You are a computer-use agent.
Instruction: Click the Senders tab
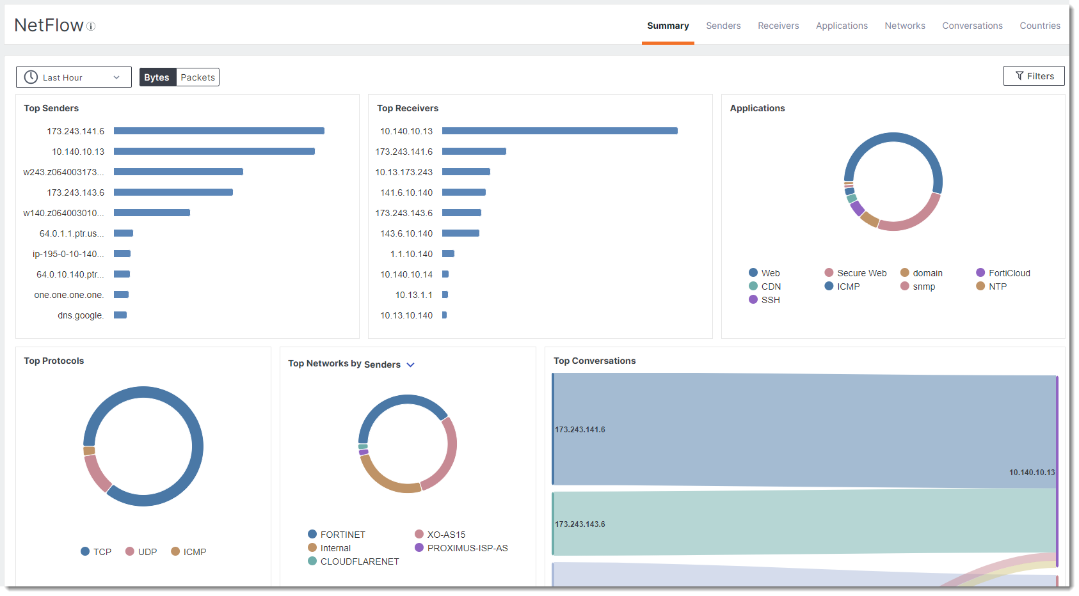(x=723, y=26)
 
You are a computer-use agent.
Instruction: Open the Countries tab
(x=1039, y=26)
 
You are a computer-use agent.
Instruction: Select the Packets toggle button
(x=198, y=77)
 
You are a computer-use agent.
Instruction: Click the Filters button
(x=1034, y=76)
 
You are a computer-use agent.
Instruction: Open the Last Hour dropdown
(x=74, y=77)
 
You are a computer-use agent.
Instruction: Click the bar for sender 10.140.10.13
(x=214, y=152)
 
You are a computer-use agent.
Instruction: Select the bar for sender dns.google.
(x=120, y=315)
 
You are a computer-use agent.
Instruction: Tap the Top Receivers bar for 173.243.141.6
(x=474, y=152)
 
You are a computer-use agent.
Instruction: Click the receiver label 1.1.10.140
(x=411, y=254)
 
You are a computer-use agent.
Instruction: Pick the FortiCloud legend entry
(x=1009, y=273)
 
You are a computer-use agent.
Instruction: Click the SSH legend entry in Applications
(x=770, y=300)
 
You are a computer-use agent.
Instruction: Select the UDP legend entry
(x=147, y=552)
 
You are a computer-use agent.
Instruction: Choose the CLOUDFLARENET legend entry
(x=359, y=561)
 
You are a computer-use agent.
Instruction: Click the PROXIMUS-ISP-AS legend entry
(x=467, y=548)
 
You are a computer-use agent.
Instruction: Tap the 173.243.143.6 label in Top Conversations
(x=580, y=524)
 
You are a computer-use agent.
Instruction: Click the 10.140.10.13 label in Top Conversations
(x=1031, y=473)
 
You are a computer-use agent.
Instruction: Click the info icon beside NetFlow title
(x=91, y=26)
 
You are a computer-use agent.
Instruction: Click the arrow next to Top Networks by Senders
(x=411, y=365)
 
